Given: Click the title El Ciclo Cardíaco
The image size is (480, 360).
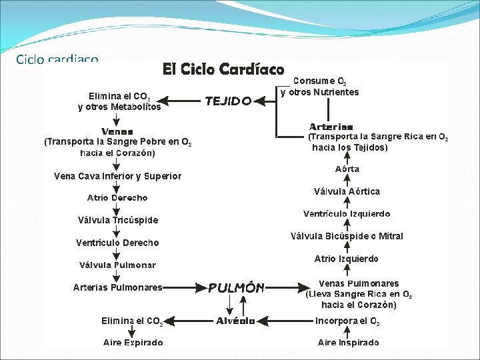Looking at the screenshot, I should coord(224,69).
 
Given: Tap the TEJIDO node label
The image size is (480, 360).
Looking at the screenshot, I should coord(228,101).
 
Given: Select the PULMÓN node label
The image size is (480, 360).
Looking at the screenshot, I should coord(237,288).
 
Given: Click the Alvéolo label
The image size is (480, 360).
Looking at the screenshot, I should coord(235,321).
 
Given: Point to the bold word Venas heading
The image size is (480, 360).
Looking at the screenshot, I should coord(117,131).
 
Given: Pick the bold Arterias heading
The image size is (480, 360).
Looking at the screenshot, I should coord(331,127).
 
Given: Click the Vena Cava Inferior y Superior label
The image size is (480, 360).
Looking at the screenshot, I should coord(117,177).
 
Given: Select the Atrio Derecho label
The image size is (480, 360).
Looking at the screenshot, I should coord(117,198).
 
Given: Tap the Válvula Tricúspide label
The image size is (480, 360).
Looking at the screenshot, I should coord(118,220).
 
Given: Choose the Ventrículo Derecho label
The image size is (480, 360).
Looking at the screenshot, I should coord(117,243).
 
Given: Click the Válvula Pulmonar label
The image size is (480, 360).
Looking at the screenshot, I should coord(117,265).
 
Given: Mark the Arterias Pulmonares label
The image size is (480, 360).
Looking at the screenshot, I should coord(117,287).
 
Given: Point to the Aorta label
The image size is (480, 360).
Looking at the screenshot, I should coord(347,169).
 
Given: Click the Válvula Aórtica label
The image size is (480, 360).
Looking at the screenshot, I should coord(347,191).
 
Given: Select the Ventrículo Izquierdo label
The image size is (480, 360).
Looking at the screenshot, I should coord(347,214).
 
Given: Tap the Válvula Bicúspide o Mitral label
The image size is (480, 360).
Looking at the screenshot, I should coord(347,236).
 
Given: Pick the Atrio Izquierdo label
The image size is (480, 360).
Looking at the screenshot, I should coord(347,259).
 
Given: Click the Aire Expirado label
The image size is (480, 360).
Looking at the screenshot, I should coord(133,343).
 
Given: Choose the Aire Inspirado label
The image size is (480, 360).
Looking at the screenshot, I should coord(348,343).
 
